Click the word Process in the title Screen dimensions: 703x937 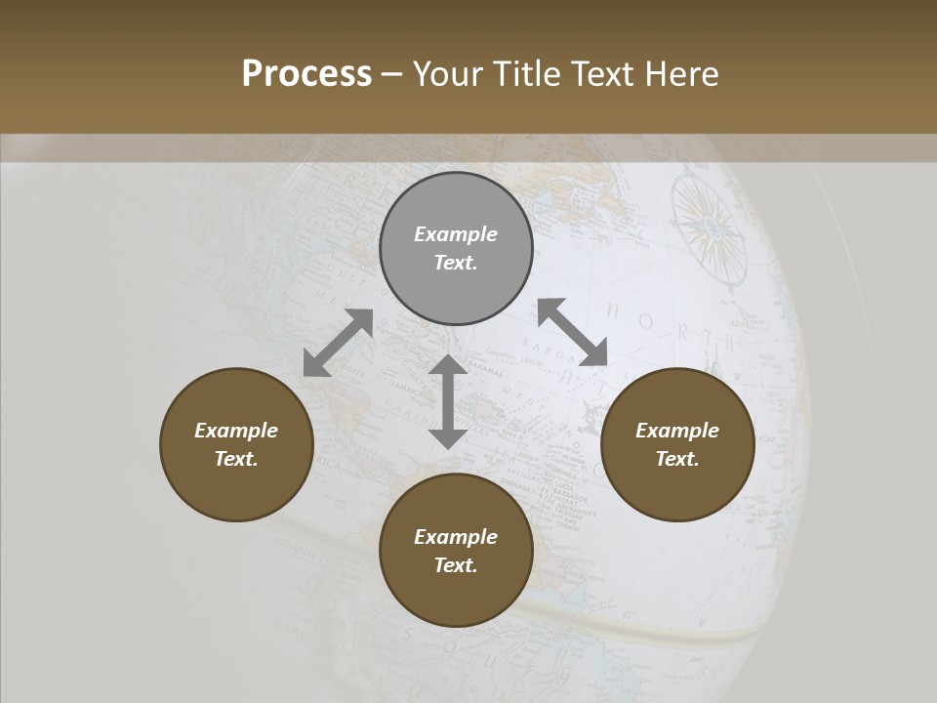(x=306, y=74)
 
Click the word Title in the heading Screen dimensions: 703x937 (x=527, y=74)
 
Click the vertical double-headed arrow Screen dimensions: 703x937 (x=448, y=401)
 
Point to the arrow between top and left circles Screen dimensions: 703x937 (x=338, y=343)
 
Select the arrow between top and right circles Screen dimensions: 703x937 (x=572, y=333)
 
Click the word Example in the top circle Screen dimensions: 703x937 (x=456, y=234)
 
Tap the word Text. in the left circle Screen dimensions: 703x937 (x=236, y=459)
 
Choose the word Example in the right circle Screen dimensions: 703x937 (x=677, y=431)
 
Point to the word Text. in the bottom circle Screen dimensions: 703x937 (x=456, y=565)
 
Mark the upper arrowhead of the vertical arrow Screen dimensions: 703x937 (x=448, y=365)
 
